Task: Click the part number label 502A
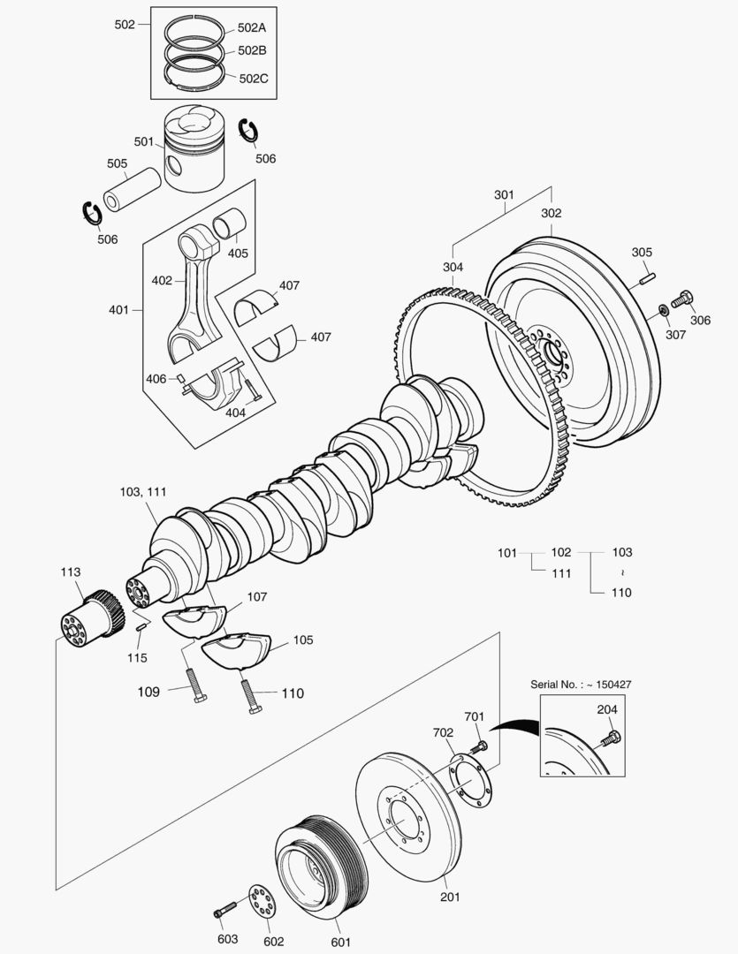coord(252,27)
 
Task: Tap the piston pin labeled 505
coord(133,188)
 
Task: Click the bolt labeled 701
coord(482,747)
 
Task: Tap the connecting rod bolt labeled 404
coord(252,390)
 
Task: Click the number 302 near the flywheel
coord(551,213)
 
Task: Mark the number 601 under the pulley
coord(340,943)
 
